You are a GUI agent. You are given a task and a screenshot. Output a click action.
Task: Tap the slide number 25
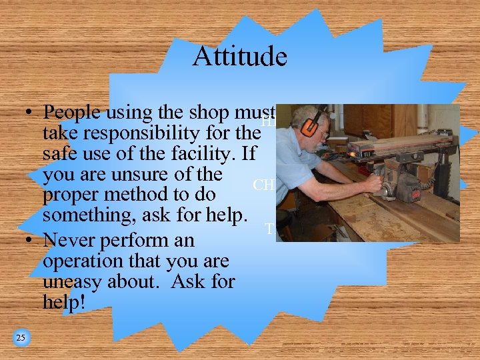point(21,338)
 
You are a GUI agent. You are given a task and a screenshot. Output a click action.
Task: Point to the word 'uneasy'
point(73,281)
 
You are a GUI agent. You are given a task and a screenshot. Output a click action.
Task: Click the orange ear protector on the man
point(308,126)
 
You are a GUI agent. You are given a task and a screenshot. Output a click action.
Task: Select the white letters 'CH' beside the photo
point(263,185)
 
